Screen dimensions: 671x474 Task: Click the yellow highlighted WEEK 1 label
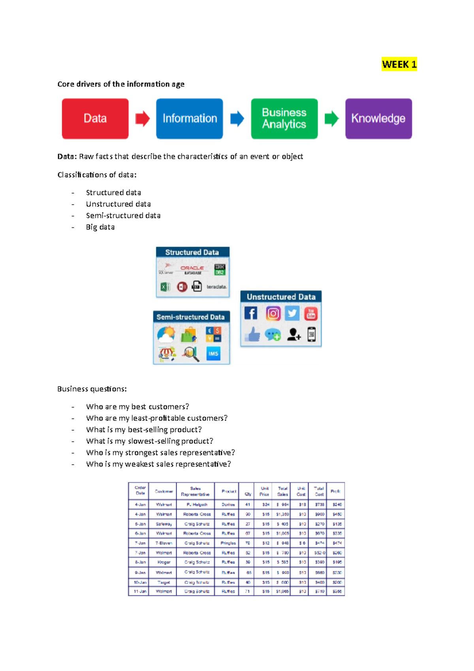399,64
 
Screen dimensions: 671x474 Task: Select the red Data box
95,119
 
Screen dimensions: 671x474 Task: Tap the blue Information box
190,119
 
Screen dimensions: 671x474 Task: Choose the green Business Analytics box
284,119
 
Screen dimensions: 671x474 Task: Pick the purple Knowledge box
378,119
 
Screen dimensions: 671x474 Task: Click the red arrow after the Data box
143,119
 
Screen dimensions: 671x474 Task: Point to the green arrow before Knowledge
332,119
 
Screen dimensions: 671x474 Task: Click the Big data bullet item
100,227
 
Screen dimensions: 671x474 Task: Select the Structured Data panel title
192,252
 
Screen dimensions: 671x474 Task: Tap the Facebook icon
251,313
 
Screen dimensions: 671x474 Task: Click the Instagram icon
273,313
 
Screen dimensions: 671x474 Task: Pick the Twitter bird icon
292,313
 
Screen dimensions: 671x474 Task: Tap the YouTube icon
311,314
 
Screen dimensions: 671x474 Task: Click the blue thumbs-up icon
252,335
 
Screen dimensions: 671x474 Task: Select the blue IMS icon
213,354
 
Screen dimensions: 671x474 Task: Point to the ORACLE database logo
192,270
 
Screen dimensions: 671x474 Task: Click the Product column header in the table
229,491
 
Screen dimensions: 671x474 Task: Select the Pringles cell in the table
228,543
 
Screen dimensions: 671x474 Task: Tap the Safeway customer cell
164,524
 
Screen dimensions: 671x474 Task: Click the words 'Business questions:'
92,389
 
